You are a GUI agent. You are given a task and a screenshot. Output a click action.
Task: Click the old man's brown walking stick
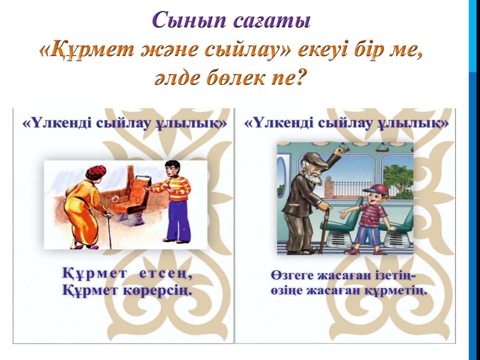point(325,232)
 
